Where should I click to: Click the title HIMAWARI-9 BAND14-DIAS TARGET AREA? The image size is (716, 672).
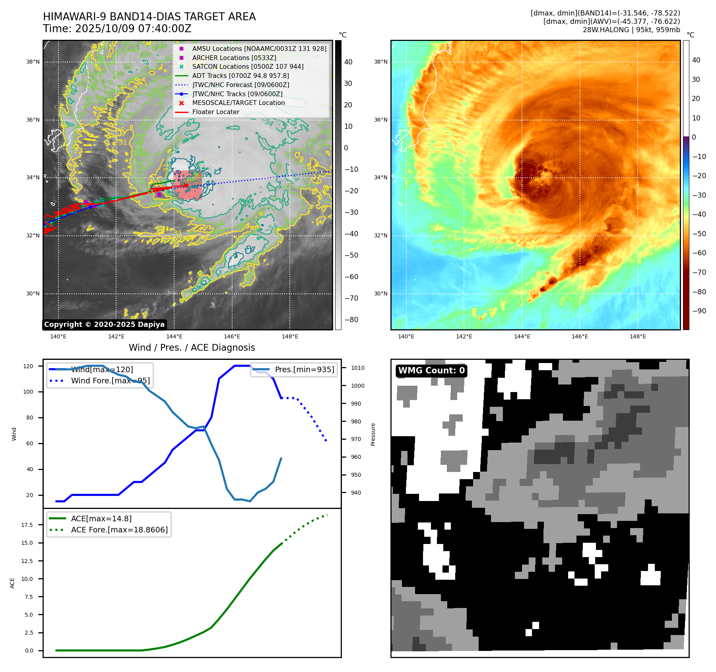[149, 17]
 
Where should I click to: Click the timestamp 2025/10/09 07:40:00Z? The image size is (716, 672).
[133, 29]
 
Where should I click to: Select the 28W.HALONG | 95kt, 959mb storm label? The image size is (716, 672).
[631, 30]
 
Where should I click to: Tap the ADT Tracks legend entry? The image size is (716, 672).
[240, 76]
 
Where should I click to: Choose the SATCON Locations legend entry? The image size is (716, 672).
[247, 66]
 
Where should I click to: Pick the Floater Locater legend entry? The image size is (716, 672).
[215, 112]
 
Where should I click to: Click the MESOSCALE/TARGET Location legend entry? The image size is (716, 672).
[238, 103]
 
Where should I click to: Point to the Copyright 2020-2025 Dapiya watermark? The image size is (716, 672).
[104, 324]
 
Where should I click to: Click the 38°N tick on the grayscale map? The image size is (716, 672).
[33, 62]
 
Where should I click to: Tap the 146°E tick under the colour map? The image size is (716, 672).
[580, 336]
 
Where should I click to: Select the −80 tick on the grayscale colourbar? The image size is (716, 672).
[351, 320]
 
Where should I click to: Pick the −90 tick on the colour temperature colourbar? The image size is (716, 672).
[699, 311]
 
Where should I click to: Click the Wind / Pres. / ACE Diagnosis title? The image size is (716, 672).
[192, 348]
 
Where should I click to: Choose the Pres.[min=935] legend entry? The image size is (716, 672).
[304, 369]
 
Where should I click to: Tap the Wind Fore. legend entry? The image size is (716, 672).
[110, 381]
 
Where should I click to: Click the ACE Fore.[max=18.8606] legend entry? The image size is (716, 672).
[119, 530]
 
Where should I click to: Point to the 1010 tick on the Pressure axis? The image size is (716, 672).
[357, 368]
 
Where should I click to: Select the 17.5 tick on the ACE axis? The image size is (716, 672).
[27, 525]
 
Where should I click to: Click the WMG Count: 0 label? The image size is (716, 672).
[431, 371]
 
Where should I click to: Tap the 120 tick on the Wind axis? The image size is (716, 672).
[28, 366]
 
